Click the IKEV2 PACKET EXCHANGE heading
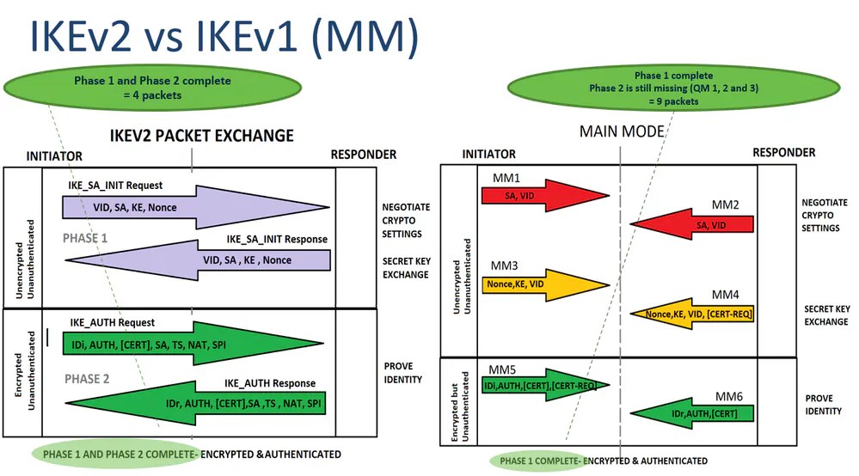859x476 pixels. click(x=202, y=136)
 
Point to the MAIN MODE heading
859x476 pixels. click(x=621, y=131)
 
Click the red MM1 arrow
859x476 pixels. click(x=533, y=196)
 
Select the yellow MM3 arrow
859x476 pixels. click(x=542, y=284)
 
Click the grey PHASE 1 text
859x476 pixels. click(x=86, y=238)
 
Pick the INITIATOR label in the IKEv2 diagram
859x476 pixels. click(x=54, y=156)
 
